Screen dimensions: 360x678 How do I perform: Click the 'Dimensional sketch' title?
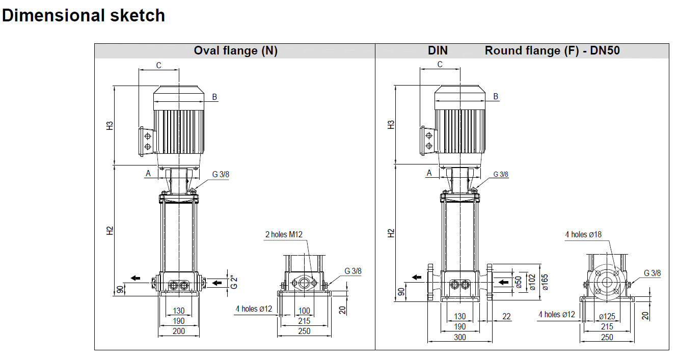[84, 15]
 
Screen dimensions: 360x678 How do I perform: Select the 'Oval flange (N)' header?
[235, 50]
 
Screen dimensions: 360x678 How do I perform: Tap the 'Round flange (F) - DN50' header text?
[552, 50]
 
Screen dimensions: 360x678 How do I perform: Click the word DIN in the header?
[438, 50]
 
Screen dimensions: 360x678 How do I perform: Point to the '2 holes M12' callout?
[284, 234]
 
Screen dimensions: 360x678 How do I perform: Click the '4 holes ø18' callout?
[583, 234]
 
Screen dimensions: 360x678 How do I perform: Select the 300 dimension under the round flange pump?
[459, 337]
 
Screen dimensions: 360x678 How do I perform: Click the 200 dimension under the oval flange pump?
[178, 331]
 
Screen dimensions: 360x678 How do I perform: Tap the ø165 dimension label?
[545, 282]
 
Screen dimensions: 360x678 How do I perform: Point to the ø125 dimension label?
[607, 317]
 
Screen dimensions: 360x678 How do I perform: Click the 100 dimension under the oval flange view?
[304, 311]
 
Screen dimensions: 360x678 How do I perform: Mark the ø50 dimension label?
[519, 282]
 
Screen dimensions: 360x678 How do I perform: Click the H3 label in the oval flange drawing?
[110, 125]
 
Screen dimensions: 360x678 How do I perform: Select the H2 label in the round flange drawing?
[391, 233]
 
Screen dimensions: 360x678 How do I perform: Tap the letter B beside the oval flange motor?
[214, 97]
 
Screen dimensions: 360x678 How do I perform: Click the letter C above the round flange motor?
[440, 65]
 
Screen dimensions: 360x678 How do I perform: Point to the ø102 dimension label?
[532, 282]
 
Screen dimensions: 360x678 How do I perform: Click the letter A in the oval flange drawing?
[148, 173]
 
